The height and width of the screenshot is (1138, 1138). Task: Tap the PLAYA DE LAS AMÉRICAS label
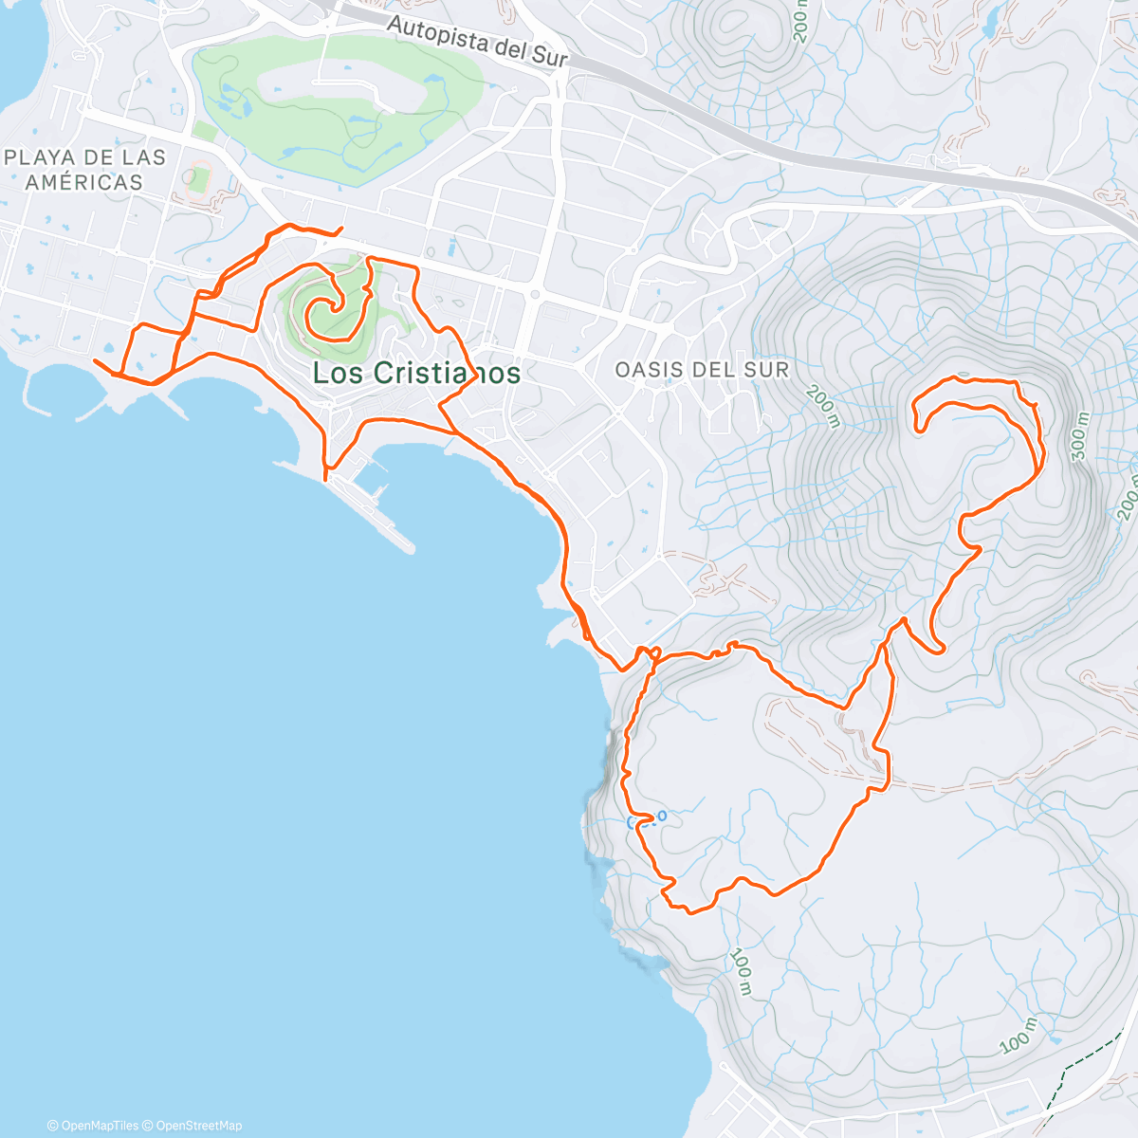[84, 170]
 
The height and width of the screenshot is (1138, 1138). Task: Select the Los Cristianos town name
[416, 373]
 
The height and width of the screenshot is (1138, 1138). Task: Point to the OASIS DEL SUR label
[702, 370]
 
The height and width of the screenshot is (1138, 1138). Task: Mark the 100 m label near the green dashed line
[1018, 1037]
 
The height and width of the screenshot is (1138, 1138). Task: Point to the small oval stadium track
[197, 177]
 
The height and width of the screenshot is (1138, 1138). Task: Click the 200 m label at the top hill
[799, 21]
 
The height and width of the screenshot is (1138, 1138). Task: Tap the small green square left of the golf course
[204, 131]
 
